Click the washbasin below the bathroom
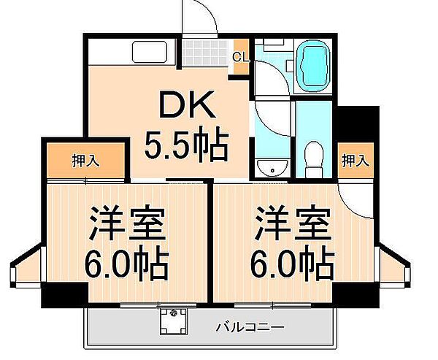[272, 168]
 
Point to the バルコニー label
[250, 327]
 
